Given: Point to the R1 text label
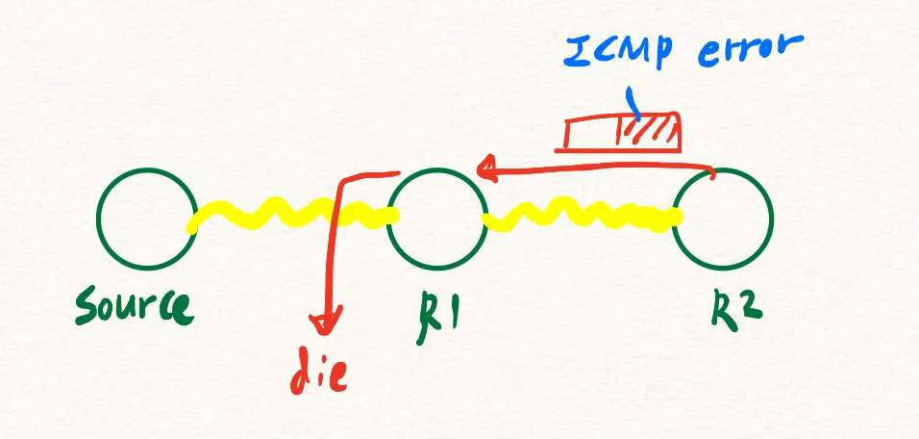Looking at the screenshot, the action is click(434, 311).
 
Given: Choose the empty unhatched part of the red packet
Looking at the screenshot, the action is click(587, 136).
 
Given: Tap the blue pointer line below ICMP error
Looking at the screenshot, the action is click(632, 99).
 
